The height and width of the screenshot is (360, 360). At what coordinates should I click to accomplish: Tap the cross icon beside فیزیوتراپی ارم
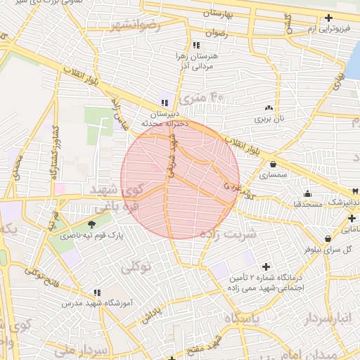coord(329,19)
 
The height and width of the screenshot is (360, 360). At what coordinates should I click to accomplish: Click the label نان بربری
coord(269,119)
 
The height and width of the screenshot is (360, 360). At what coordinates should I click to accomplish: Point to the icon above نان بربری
coord(269,108)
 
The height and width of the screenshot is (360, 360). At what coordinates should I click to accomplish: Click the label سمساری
coord(271,175)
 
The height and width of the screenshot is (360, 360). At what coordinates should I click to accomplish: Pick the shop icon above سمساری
coord(273,164)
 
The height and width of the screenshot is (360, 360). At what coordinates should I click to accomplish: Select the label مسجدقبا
coord(307,204)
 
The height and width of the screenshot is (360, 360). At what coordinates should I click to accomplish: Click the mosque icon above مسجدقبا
coord(307,193)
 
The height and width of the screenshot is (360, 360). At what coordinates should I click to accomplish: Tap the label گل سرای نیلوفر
coord(327,249)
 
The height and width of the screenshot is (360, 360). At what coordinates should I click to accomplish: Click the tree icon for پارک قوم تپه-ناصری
coord(92,225)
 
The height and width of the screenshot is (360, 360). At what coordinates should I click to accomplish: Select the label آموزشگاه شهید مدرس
coord(98,305)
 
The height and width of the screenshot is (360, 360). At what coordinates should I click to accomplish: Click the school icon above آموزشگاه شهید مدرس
coord(97,292)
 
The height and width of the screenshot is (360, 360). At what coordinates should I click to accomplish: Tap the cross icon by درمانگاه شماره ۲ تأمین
coord(265,266)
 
